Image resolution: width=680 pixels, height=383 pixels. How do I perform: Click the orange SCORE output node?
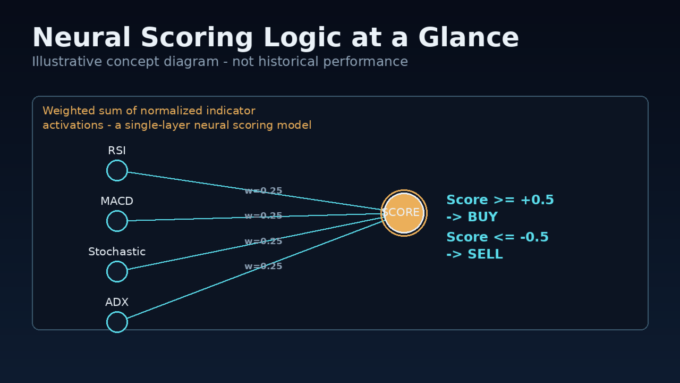pyautogui.click(x=404, y=213)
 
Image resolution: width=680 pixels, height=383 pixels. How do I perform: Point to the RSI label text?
pyautogui.click(x=117, y=151)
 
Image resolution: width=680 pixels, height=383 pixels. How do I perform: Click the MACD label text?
pyautogui.click(x=117, y=201)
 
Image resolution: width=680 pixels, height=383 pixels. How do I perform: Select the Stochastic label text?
pyautogui.click(x=117, y=252)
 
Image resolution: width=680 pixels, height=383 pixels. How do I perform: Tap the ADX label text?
pyautogui.click(x=117, y=302)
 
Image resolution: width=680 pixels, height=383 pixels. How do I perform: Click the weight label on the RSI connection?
pyautogui.click(x=263, y=190)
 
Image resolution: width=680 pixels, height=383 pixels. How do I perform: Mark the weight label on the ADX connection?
pyautogui.click(x=263, y=266)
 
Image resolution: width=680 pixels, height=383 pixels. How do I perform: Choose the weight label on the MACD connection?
pyautogui.click(x=263, y=215)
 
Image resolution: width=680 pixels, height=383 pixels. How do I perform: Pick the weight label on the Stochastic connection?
pyautogui.click(x=263, y=241)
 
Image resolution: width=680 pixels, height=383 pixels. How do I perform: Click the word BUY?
pyautogui.click(x=483, y=217)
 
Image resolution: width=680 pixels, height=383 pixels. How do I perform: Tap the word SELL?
pyautogui.click(x=485, y=254)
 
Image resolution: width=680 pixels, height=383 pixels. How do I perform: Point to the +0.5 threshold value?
pyautogui.click(x=537, y=199)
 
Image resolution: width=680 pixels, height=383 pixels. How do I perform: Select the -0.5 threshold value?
pyautogui.click(x=534, y=237)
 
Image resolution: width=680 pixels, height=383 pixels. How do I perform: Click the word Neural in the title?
pyautogui.click(x=81, y=37)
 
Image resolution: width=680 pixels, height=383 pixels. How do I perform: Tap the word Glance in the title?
pyautogui.click(x=469, y=37)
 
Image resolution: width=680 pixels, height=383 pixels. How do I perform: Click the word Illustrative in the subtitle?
pyautogui.click(x=67, y=61)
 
